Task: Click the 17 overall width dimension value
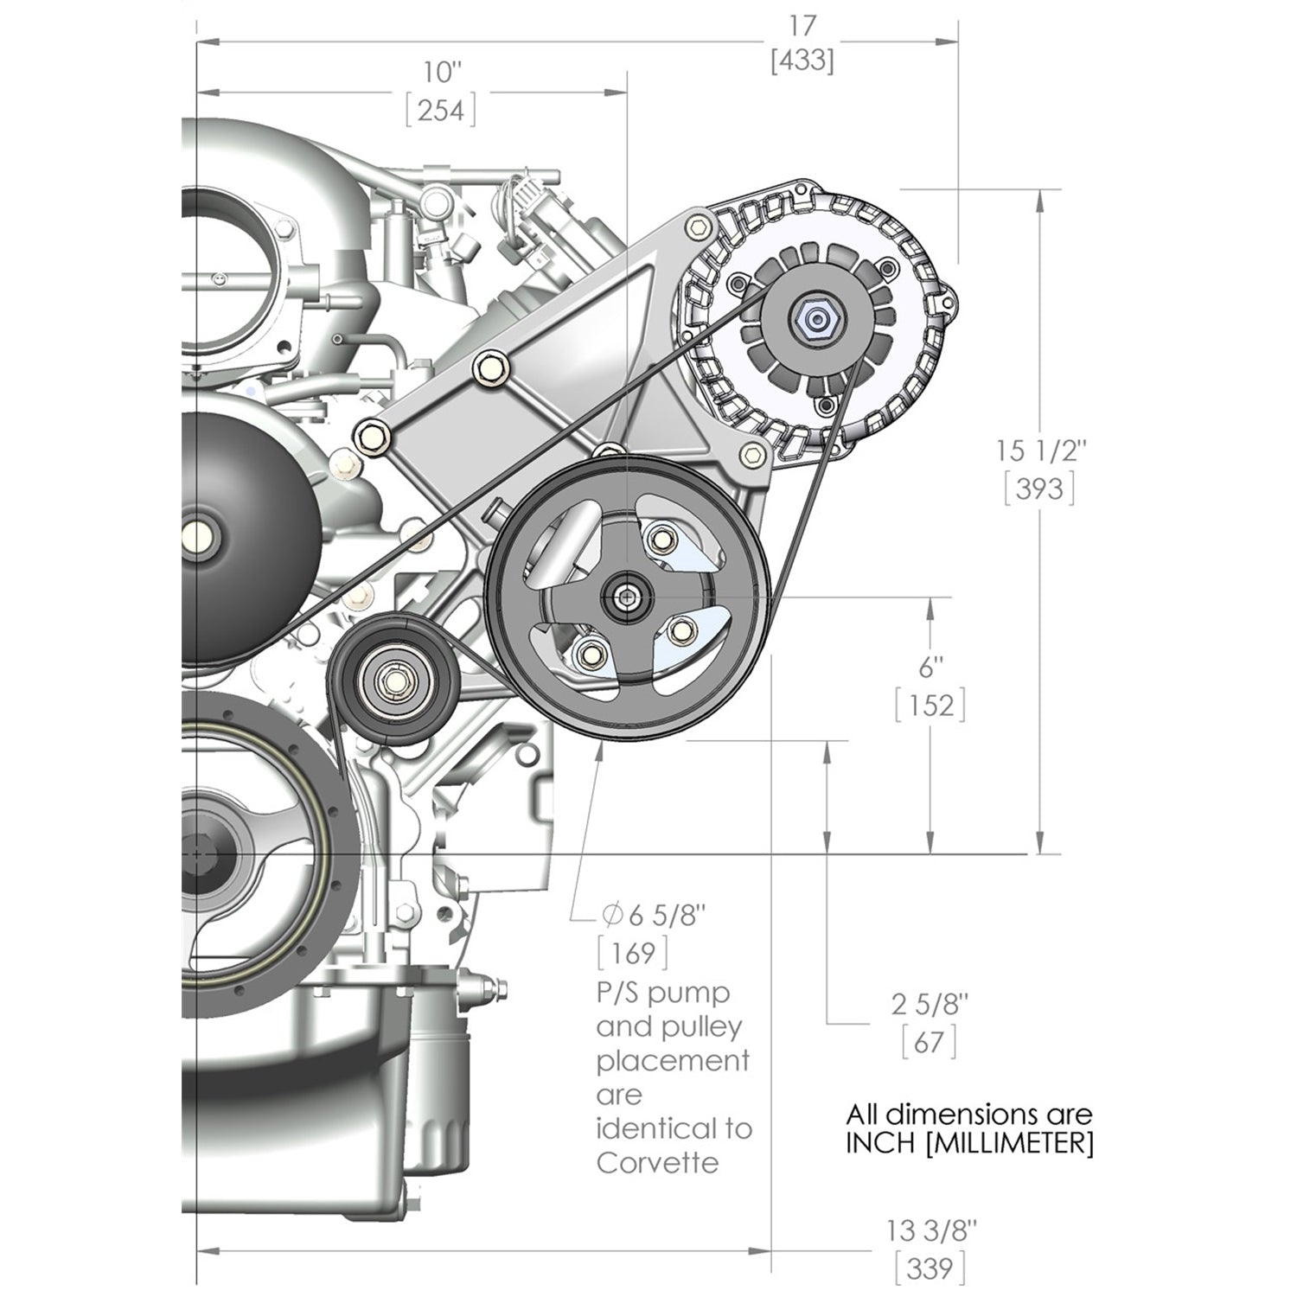(802, 26)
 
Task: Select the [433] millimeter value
(802, 61)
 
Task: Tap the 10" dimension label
(440, 74)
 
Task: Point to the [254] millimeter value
(441, 111)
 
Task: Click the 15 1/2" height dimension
(1039, 450)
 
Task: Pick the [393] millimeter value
(1039, 489)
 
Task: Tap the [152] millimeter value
(930, 706)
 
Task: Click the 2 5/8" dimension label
(930, 1005)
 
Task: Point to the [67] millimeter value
(930, 1042)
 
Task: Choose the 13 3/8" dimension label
(930, 1229)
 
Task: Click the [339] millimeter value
(930, 1268)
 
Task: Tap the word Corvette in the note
(657, 1162)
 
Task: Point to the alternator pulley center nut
(815, 320)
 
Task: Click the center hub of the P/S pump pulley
(623, 596)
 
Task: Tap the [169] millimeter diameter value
(633, 953)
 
